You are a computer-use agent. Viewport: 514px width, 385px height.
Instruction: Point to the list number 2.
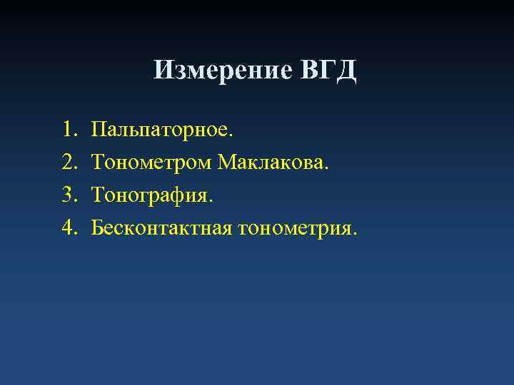[x=69, y=163]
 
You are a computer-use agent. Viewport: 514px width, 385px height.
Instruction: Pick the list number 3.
[x=69, y=195]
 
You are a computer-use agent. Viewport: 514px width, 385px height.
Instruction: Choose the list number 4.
[x=69, y=227]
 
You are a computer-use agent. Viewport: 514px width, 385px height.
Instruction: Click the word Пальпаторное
[x=161, y=130]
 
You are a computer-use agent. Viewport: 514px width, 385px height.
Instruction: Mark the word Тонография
[x=151, y=195]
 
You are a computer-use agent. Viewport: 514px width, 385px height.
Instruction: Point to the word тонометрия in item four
[x=296, y=228]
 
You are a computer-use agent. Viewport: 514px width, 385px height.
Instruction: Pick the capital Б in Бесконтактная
[x=96, y=227]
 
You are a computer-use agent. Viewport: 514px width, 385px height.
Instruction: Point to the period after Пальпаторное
[x=230, y=135]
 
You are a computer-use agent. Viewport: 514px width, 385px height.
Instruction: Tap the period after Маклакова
[x=328, y=168]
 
